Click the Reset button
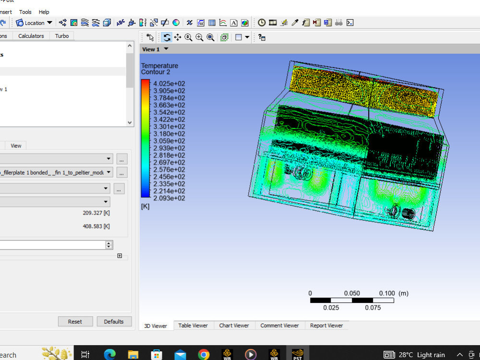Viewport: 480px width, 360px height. point(75,322)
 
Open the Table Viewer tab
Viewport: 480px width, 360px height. point(193,325)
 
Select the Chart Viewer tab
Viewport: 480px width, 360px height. point(234,325)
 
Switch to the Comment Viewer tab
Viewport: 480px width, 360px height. point(279,325)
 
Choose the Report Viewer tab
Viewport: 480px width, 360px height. point(326,325)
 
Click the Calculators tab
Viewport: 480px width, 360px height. point(31,36)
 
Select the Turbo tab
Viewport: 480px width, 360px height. point(62,36)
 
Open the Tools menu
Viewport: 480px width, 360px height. point(25,12)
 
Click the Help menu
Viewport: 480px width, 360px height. point(44,12)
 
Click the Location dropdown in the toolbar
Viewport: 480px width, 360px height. point(34,23)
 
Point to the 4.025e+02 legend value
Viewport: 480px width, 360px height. point(169,84)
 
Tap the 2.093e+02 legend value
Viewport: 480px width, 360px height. point(169,198)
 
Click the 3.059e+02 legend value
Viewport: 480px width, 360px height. point(169,141)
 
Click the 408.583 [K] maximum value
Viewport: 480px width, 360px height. point(96,227)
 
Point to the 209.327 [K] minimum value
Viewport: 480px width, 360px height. point(96,213)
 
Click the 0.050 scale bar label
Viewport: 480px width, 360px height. point(352,293)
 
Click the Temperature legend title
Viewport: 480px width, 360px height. point(159,66)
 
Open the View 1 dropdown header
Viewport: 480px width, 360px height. point(155,49)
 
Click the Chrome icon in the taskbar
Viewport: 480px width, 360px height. point(204,355)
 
